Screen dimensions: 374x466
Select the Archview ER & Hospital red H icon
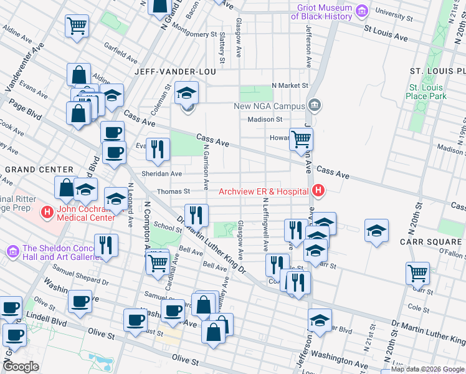click(x=318, y=191)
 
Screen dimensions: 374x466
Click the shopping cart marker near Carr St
click(x=417, y=272)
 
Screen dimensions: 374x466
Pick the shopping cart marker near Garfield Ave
click(x=77, y=26)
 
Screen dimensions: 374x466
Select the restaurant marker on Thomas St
click(x=196, y=215)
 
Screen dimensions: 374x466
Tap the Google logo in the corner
click(x=21, y=367)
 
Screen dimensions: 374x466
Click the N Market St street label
click(x=290, y=85)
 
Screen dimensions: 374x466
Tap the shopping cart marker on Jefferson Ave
click(x=301, y=139)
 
